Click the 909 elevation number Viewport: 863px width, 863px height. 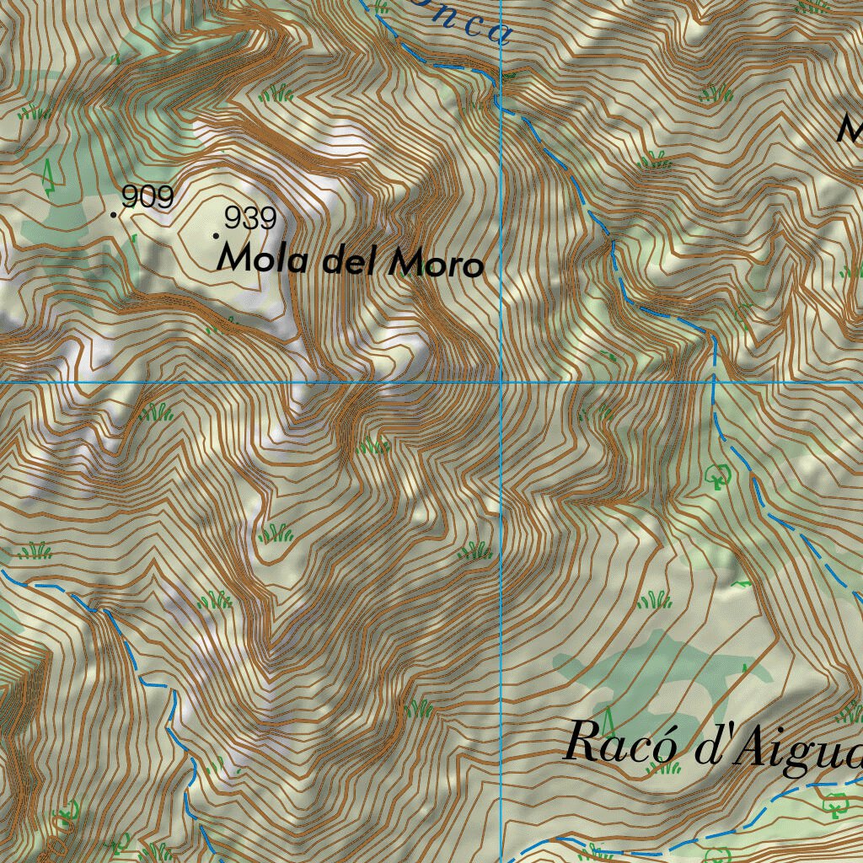tap(147, 197)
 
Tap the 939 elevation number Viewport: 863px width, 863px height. tap(251, 219)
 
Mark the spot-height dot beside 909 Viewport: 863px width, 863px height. tap(114, 214)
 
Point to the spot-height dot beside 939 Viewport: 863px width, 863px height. tap(217, 235)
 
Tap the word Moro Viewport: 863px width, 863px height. tap(436, 265)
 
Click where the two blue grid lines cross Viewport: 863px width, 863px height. tap(501, 382)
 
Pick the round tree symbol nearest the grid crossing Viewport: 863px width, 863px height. tap(718, 476)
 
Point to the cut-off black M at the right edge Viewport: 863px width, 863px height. tap(851, 129)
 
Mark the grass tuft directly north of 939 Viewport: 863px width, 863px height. tap(276, 94)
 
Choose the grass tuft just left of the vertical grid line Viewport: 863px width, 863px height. tap(475, 551)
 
